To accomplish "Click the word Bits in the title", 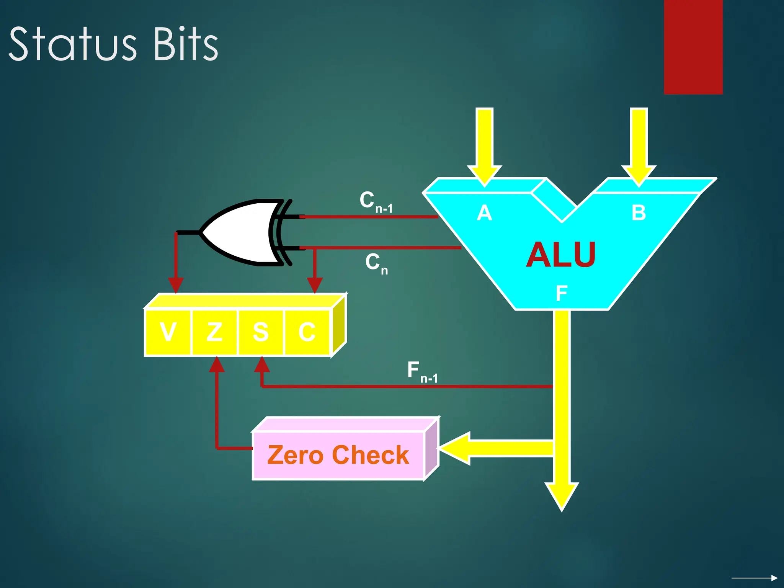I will coord(186,44).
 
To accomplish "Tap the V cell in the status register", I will coord(168,332).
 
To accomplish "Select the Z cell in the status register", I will coord(214,332).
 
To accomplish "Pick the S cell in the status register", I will coord(261,332).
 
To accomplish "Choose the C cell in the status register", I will coord(307,332).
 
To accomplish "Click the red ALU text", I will coord(561,255).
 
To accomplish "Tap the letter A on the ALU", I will coord(484,213).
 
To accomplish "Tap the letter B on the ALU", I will coord(639,213).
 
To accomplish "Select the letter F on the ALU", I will coord(561,294).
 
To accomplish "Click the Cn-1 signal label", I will coord(376,202).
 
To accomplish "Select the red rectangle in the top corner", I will coord(693,47).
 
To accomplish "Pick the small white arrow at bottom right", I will coord(754,578).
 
